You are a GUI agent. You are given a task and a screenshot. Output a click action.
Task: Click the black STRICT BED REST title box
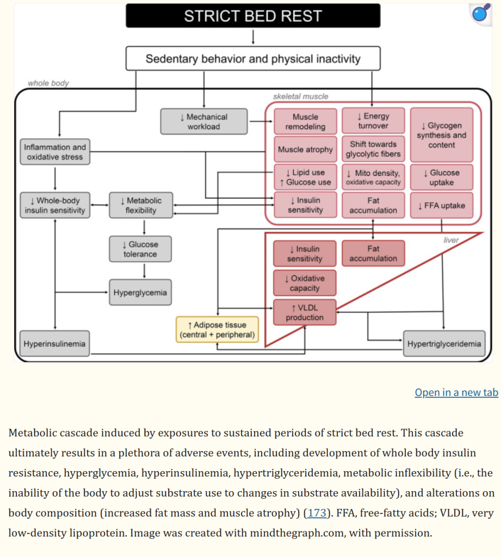click(x=253, y=16)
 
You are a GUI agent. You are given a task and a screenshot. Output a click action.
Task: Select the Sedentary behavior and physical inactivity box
click(x=253, y=58)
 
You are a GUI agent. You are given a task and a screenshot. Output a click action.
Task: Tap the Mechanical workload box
click(x=203, y=122)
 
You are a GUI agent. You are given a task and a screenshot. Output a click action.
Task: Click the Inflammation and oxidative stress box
click(x=55, y=152)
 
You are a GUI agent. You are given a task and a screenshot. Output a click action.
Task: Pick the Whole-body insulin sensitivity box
click(x=55, y=206)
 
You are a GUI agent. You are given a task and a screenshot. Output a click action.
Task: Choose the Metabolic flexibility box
click(x=140, y=206)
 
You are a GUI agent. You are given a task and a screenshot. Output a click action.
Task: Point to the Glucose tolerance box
click(x=140, y=249)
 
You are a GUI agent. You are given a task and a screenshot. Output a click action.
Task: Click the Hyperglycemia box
click(x=140, y=293)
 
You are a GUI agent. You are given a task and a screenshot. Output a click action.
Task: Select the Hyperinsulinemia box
click(x=54, y=344)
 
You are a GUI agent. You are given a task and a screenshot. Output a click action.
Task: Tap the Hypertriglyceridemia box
click(x=444, y=344)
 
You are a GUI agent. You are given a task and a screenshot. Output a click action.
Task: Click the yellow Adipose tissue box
click(x=217, y=330)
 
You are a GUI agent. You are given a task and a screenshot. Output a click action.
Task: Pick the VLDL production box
click(x=305, y=312)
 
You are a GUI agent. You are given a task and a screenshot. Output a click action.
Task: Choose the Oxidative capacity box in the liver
click(x=305, y=283)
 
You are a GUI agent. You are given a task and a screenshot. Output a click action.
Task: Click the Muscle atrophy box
click(x=305, y=149)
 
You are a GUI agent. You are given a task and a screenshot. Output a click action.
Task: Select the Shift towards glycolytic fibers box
click(x=373, y=149)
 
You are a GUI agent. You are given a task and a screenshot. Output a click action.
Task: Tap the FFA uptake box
click(x=441, y=206)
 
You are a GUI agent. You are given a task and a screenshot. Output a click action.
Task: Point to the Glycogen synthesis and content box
click(x=441, y=135)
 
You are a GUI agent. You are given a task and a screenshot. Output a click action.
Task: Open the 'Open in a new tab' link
click(x=456, y=392)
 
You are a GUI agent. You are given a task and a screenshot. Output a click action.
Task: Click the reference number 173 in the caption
click(x=318, y=512)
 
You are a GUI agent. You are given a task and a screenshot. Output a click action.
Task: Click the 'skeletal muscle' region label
click(x=300, y=96)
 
